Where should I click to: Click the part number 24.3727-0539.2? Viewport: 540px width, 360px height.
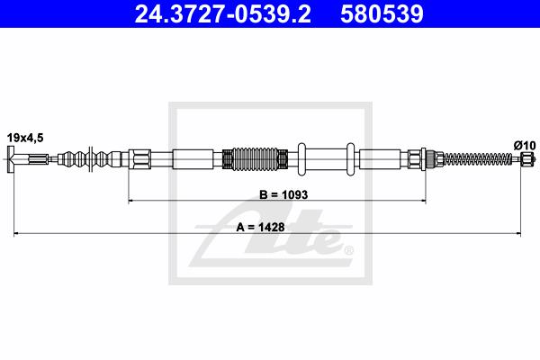point(223,14)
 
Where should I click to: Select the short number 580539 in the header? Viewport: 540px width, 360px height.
point(382,14)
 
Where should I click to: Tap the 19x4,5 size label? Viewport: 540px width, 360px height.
point(25,138)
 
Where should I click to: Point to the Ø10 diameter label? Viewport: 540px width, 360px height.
point(525,146)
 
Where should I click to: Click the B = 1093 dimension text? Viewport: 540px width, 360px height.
point(283,194)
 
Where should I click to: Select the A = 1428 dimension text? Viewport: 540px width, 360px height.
point(260,227)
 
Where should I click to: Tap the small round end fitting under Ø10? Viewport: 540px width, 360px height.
point(527,159)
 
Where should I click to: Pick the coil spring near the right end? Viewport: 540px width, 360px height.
point(478,159)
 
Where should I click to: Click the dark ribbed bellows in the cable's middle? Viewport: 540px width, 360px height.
point(256,159)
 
